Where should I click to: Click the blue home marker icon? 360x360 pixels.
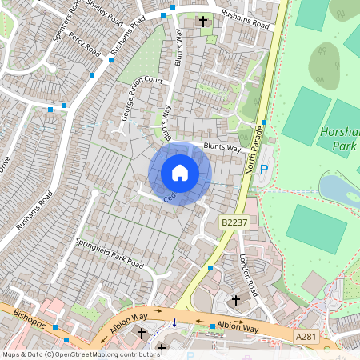(180, 173)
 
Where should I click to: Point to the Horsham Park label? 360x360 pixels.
(342, 138)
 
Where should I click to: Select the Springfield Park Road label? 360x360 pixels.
(109, 253)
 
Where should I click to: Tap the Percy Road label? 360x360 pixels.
(82, 42)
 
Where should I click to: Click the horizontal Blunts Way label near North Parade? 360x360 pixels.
(221, 148)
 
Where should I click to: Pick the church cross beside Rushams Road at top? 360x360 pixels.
(203, 21)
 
